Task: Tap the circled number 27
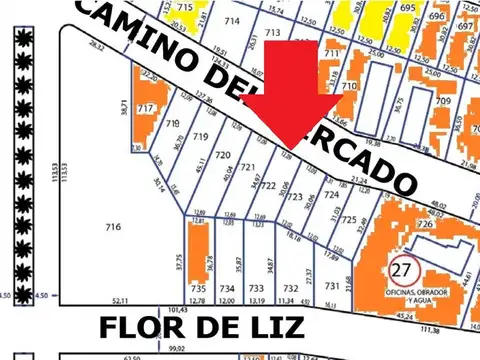[403, 269]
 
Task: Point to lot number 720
[223, 155]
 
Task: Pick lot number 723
[295, 198]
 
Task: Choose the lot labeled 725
[349, 219]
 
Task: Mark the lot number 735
[197, 288]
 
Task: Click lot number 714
[232, 21]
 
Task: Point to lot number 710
[349, 87]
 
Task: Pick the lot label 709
[443, 101]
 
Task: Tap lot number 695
[407, 8]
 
